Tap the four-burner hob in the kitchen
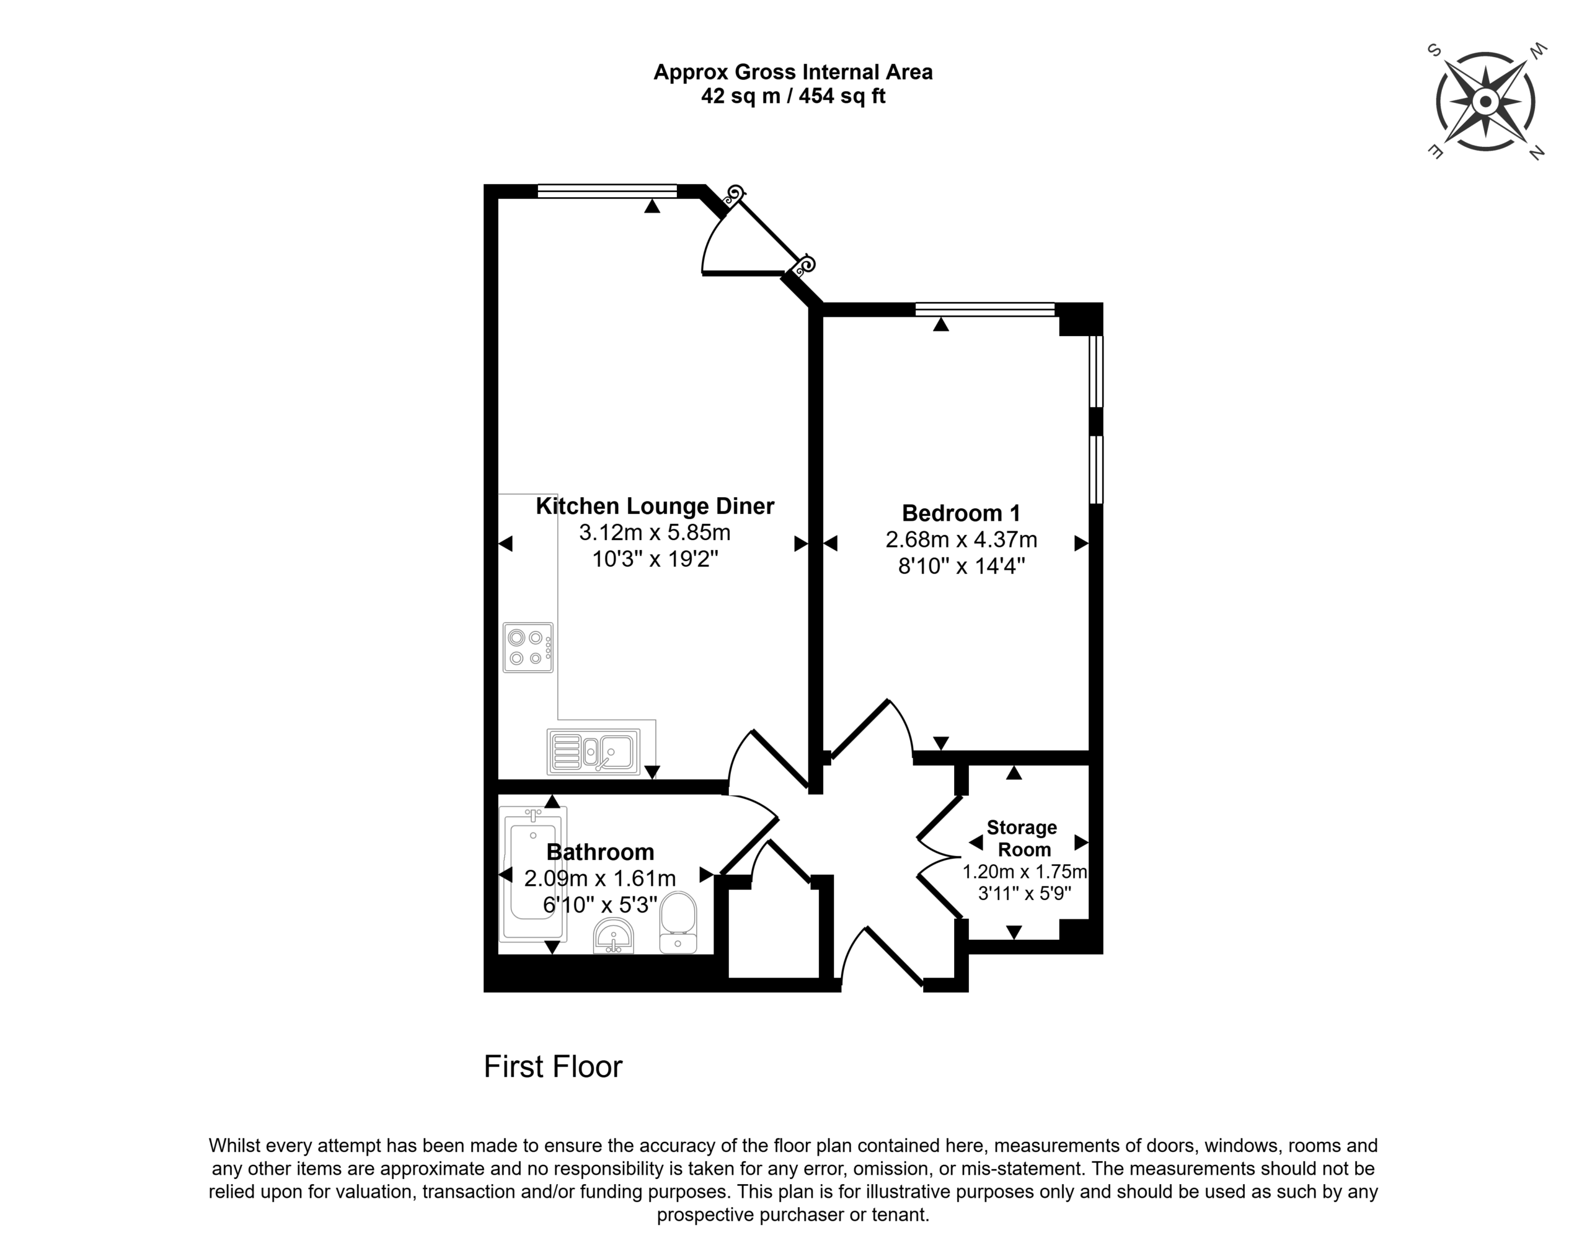[528, 647]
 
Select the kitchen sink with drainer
[593, 751]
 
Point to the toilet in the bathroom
[678, 923]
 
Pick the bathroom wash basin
[613, 935]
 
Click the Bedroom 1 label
[961, 513]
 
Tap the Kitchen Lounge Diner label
[655, 506]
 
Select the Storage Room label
[1023, 838]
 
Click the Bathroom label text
[600, 852]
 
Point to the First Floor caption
[553, 1067]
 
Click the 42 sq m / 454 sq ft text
[793, 95]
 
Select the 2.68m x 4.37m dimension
[961, 540]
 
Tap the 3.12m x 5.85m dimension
[655, 532]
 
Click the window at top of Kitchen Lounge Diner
[607, 191]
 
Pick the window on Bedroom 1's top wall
[984, 309]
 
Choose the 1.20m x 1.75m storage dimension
[1024, 872]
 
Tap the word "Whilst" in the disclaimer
[234, 1146]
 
